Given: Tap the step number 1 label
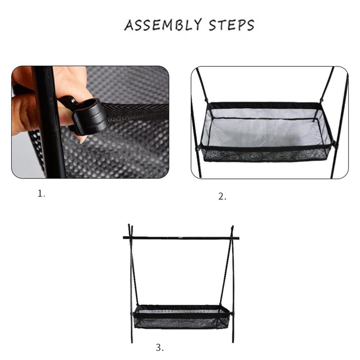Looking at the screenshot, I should coord(41,194).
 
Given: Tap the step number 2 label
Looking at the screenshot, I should coord(222,197).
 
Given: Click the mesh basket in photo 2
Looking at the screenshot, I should coord(266,133).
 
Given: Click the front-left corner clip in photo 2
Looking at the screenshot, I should coord(198,148).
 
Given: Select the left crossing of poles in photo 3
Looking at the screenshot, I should coord(130,238).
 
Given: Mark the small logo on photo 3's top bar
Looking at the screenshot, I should coord(181,238).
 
